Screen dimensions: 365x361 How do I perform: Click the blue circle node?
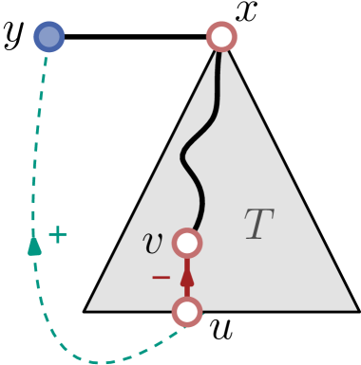coord(49,37)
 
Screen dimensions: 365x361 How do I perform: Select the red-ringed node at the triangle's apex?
coord(221,37)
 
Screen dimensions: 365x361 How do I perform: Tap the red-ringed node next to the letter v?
coord(187,244)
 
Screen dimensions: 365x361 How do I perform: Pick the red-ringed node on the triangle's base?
coord(187,311)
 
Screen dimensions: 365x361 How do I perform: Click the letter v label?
coord(152,244)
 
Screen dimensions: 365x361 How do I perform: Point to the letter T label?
coord(257,226)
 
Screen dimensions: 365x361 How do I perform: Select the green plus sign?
coord(58,235)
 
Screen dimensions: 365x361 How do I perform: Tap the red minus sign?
coord(161,278)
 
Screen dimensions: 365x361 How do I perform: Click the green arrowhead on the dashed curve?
coord(35,245)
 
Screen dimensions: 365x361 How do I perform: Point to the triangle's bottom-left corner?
coord(87,309)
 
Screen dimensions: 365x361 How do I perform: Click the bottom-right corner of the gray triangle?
coord(355,309)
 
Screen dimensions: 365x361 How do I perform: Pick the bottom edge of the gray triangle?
coord(275,310)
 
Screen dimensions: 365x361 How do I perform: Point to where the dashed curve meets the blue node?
coord(47,54)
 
